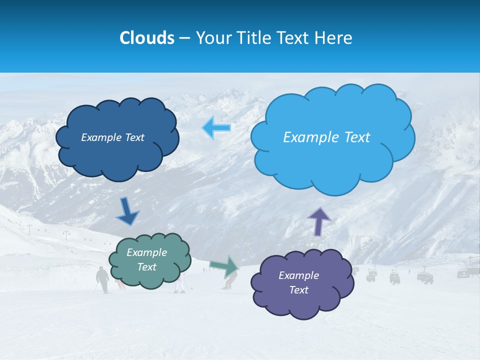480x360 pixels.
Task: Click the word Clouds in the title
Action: (x=147, y=38)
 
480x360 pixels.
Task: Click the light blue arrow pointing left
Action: (x=216, y=127)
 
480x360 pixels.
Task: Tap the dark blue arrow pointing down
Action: (x=127, y=211)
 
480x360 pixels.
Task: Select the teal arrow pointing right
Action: (x=224, y=266)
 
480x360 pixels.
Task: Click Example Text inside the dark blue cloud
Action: (x=112, y=137)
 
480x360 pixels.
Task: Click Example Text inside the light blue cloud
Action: (x=326, y=137)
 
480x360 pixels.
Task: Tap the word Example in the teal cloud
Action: (x=147, y=252)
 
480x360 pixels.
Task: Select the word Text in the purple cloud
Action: (x=299, y=290)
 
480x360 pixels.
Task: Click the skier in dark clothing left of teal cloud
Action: (x=102, y=279)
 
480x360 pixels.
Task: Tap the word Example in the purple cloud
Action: (x=299, y=275)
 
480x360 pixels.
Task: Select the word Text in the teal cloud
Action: (x=147, y=267)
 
